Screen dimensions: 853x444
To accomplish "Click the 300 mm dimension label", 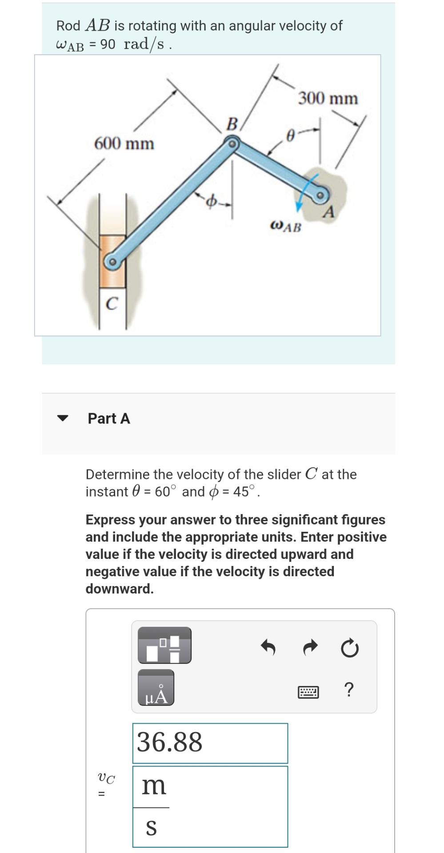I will [328, 98].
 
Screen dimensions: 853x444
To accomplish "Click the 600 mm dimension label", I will [124, 143].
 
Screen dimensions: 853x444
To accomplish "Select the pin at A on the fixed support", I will [322, 195].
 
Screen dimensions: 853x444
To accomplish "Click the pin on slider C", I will [112, 262].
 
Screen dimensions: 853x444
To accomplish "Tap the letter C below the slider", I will [112, 304].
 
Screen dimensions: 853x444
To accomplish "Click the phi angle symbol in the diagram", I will [212, 202].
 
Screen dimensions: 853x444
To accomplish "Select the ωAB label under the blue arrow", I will [285, 227].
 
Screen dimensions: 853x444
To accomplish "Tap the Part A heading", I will [109, 419].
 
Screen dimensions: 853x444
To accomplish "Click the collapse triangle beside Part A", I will [63, 418].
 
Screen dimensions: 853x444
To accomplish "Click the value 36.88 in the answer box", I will [169, 742].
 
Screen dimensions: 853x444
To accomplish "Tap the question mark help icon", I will [349, 690].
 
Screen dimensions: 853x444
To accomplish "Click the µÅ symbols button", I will [156, 688].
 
